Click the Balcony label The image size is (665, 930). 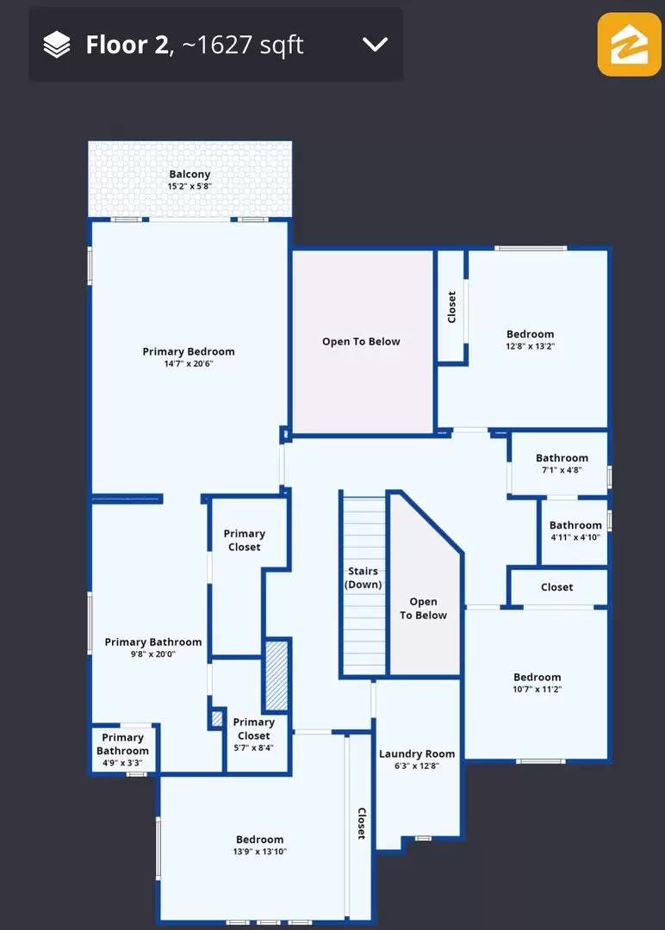(x=190, y=174)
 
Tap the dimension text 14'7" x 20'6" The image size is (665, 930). (x=188, y=363)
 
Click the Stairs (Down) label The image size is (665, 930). (x=363, y=578)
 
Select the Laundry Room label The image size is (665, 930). (x=417, y=753)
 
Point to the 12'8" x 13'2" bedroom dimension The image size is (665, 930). (x=530, y=346)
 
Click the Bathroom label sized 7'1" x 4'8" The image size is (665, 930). (x=562, y=458)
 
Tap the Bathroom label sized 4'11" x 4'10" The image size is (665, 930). (x=575, y=525)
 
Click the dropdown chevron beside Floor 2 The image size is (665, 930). (x=375, y=44)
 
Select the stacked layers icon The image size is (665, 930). (x=57, y=45)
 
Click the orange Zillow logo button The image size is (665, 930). (x=630, y=45)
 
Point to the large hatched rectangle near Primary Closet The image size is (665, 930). (x=277, y=676)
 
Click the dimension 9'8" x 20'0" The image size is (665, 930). (x=153, y=654)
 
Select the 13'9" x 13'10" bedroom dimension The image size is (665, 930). (x=260, y=852)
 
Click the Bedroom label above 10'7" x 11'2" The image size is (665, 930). (x=538, y=678)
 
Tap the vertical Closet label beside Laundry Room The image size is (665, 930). (x=361, y=823)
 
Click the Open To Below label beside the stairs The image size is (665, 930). (x=423, y=609)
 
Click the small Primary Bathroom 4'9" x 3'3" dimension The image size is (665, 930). (x=123, y=763)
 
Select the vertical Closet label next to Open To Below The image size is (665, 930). (x=452, y=307)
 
